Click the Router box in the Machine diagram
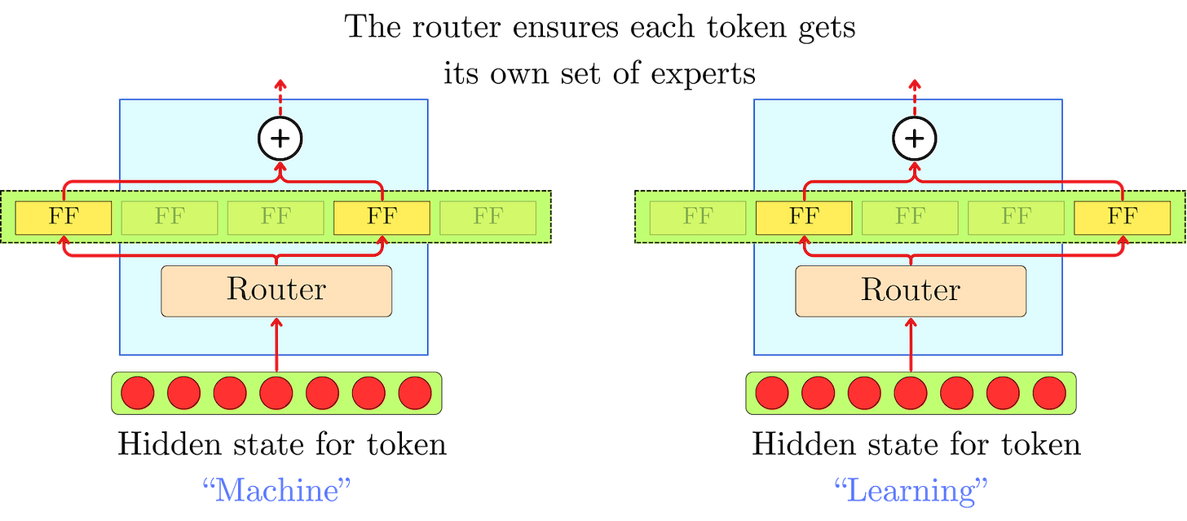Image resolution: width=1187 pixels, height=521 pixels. (x=276, y=290)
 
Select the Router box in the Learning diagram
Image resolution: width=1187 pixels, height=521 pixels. (x=911, y=290)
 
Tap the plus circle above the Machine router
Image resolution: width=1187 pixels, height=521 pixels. (x=280, y=139)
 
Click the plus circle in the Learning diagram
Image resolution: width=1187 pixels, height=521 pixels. (x=915, y=139)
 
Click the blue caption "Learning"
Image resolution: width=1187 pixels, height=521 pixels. (x=911, y=491)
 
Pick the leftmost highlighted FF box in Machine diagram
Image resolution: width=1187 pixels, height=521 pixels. (x=64, y=217)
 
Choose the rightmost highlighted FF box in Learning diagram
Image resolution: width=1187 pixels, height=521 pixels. (x=1122, y=217)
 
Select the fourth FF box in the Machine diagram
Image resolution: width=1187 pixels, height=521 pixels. (x=382, y=217)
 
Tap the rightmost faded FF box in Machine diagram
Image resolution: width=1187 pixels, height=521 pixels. (x=488, y=217)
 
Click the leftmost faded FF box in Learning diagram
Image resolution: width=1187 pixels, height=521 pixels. (x=698, y=217)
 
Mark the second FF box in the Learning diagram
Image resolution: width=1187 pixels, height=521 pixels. (x=804, y=217)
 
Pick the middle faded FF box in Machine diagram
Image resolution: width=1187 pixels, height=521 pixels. (x=276, y=217)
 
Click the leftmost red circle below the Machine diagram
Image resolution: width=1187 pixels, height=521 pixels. (x=137, y=394)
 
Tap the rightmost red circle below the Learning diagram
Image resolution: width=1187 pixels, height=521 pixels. (x=1049, y=394)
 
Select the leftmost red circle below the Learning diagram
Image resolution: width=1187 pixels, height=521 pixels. (x=771, y=394)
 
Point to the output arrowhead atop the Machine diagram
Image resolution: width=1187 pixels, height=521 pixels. (x=280, y=83)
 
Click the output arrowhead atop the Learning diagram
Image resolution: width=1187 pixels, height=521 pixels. (x=914, y=83)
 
